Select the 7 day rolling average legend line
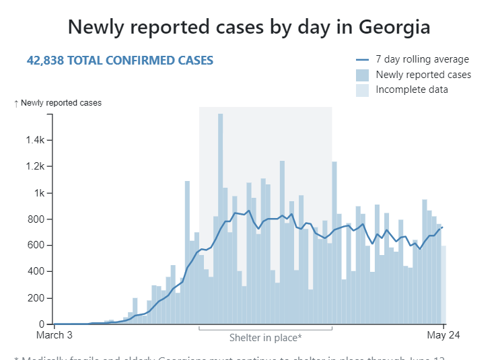362,60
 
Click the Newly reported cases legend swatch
362,75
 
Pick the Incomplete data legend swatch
362,90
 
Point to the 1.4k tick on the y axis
36,141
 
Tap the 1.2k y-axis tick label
36,167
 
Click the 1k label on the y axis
40,193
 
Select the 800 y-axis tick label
36,219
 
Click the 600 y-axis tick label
36,246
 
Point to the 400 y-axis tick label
36,272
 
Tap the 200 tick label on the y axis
36,298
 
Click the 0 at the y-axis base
42,324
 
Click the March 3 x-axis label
54,335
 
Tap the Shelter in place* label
265,338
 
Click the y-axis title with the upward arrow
58,103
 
